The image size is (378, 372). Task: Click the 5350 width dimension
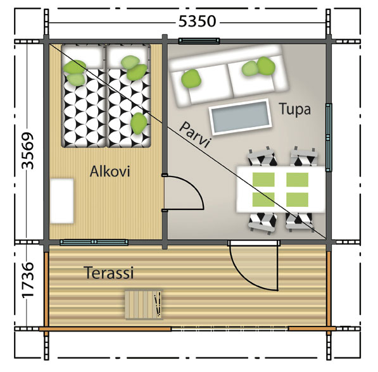pos(197,22)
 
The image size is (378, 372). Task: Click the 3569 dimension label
pos(27,151)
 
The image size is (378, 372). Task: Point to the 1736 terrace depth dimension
pos(27,280)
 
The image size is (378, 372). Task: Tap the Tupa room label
pos(295,109)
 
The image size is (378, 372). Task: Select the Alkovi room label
pos(110,171)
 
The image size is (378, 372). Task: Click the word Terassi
pos(109,273)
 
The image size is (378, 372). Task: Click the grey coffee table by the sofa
pos(241,116)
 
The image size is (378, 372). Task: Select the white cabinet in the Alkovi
pos(61,201)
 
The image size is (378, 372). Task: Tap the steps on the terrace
pos(144,305)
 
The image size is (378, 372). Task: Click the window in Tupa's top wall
pos(199,41)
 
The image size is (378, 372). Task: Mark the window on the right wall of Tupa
pos(329,137)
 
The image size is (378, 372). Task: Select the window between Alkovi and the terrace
pos(94,242)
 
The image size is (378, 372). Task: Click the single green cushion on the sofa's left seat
pos(191,78)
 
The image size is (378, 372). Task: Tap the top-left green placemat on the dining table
pos(263,180)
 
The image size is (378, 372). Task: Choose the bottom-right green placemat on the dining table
pos(297,199)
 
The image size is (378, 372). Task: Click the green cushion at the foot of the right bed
pos(139,123)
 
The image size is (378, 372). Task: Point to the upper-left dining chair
pos(261,157)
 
